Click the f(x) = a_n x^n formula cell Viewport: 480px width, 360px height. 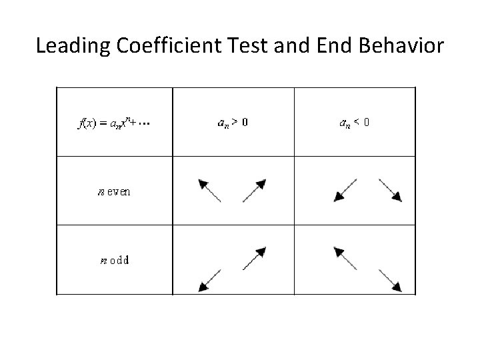(111, 123)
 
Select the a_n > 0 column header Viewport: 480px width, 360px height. (233, 123)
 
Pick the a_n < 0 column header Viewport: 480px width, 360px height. (355, 123)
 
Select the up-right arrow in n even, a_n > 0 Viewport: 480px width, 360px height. (255, 190)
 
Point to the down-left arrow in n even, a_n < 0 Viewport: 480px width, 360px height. (345, 190)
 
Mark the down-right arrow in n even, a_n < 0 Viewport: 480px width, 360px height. (390, 190)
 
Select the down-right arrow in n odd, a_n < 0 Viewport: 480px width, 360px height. (391, 280)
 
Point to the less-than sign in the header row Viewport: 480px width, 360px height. (357, 123)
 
